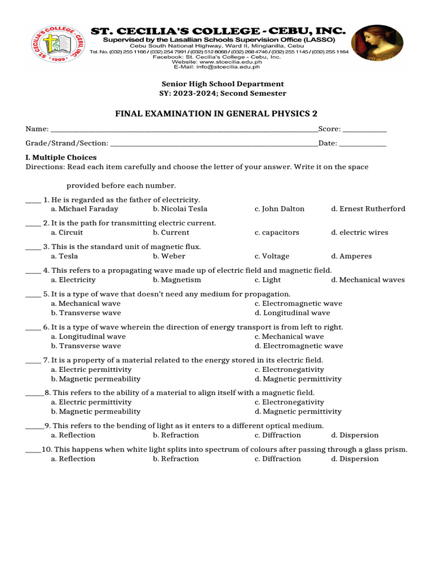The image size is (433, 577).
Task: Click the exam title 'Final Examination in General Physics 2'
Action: (216, 114)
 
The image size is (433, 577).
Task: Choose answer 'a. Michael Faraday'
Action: (85, 209)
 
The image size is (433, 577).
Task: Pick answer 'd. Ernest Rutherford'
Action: (368, 209)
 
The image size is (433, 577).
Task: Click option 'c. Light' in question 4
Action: (268, 280)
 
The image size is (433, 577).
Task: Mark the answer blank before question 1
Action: (33, 200)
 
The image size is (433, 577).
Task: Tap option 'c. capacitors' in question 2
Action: (277, 233)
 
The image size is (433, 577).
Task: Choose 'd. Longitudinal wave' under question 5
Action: (292, 313)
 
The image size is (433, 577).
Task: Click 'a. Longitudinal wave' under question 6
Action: (88, 337)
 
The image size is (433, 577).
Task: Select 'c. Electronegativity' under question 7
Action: (289, 370)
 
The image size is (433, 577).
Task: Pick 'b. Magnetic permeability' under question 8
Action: (95, 412)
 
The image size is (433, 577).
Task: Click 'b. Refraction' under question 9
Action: (176, 436)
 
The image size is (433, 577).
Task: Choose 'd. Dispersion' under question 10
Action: (355, 459)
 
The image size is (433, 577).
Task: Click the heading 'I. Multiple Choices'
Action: (61, 158)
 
